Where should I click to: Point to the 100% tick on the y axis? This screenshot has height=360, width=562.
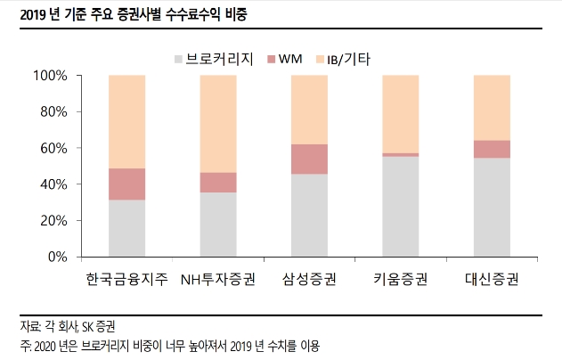click(x=50, y=76)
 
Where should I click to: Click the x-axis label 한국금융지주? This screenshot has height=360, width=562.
click(x=126, y=280)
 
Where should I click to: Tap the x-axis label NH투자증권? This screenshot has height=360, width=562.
click(x=217, y=280)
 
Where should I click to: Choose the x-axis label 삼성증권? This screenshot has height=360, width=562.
click(x=309, y=280)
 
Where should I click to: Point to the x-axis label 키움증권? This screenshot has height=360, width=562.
click(x=400, y=280)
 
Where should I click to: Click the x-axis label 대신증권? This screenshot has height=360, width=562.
click(x=492, y=280)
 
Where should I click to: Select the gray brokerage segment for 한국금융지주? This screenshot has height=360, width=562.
click(x=126, y=228)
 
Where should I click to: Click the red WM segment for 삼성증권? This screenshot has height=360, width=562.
click(x=309, y=159)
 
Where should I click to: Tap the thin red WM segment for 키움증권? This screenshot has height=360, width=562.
click(x=400, y=154)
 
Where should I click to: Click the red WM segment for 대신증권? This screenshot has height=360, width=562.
click(x=492, y=149)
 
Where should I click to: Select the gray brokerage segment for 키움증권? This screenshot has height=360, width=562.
click(x=400, y=206)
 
